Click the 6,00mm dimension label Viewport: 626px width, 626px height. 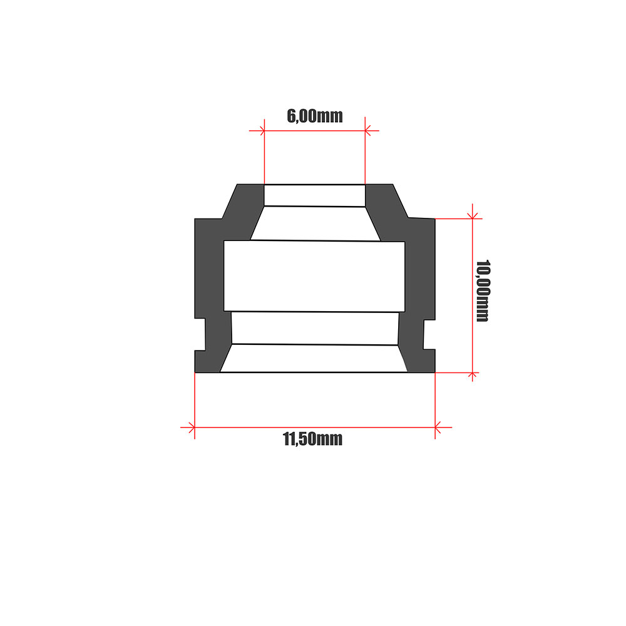[x=314, y=116]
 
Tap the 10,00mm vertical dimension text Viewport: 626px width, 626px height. [x=482, y=290]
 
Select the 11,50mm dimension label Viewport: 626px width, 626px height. [x=313, y=439]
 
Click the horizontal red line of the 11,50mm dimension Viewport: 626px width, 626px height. [x=313, y=428]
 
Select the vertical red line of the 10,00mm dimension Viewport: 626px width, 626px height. [x=473, y=294]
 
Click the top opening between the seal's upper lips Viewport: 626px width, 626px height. [x=314, y=195]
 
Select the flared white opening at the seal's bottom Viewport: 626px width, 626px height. [x=313, y=359]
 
